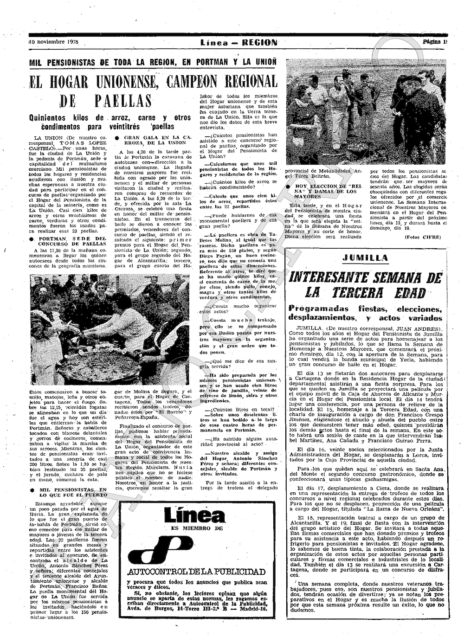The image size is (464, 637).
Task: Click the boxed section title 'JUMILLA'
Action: [365, 258]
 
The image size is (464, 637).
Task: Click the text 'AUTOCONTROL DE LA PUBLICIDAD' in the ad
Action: [196, 572]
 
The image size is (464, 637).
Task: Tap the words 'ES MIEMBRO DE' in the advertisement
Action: [197, 528]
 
